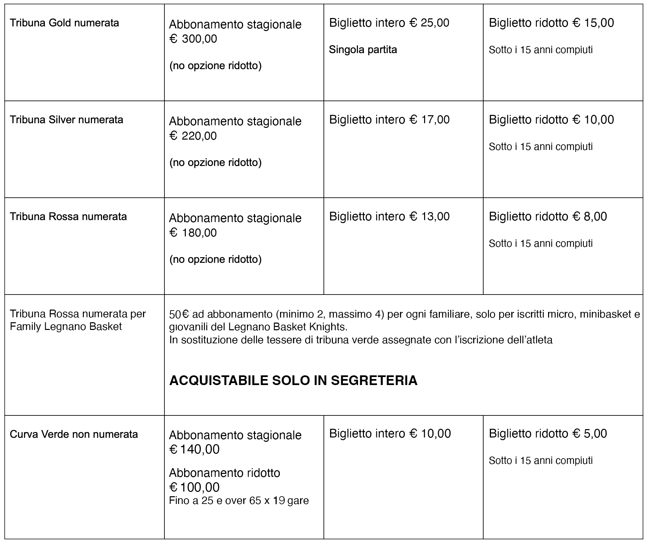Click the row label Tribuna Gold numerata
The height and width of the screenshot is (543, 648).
click(64, 23)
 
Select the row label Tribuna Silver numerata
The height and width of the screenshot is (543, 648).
click(66, 120)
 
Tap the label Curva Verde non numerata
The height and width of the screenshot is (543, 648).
click(74, 434)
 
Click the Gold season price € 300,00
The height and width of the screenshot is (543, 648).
click(193, 39)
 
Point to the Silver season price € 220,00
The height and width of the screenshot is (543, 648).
click(193, 136)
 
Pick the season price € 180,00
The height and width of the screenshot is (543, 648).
click(193, 233)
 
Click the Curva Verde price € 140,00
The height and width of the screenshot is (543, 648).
click(195, 449)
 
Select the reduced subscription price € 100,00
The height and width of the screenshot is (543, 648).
click(195, 488)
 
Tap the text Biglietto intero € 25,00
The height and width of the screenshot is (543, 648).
click(389, 23)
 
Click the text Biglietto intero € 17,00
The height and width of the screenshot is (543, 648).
click(389, 120)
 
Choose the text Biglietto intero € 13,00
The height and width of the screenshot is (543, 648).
click(389, 217)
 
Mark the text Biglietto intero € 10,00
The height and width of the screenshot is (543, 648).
click(390, 434)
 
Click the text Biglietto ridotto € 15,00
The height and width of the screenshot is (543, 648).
click(551, 23)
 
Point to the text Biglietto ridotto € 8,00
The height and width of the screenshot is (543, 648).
click(548, 217)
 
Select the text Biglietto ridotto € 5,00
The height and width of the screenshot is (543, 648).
click(548, 434)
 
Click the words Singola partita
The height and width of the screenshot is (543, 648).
click(363, 50)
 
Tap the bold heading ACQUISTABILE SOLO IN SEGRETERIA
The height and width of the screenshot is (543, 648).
click(293, 381)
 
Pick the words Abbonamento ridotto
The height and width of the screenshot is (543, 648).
click(225, 473)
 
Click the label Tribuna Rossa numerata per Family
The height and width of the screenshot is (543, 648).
click(78, 320)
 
